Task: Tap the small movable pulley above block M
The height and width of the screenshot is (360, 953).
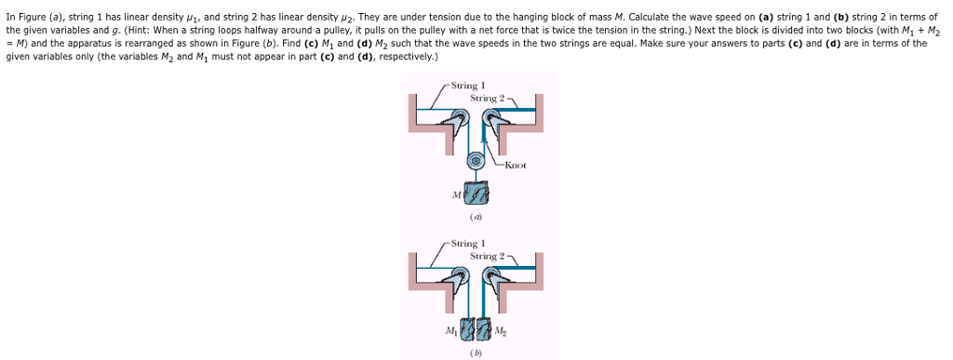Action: (476, 160)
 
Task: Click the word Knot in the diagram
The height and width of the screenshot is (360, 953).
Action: (515, 166)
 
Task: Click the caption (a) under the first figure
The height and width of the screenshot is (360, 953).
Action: (476, 218)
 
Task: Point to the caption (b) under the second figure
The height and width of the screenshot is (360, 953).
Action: (476, 353)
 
